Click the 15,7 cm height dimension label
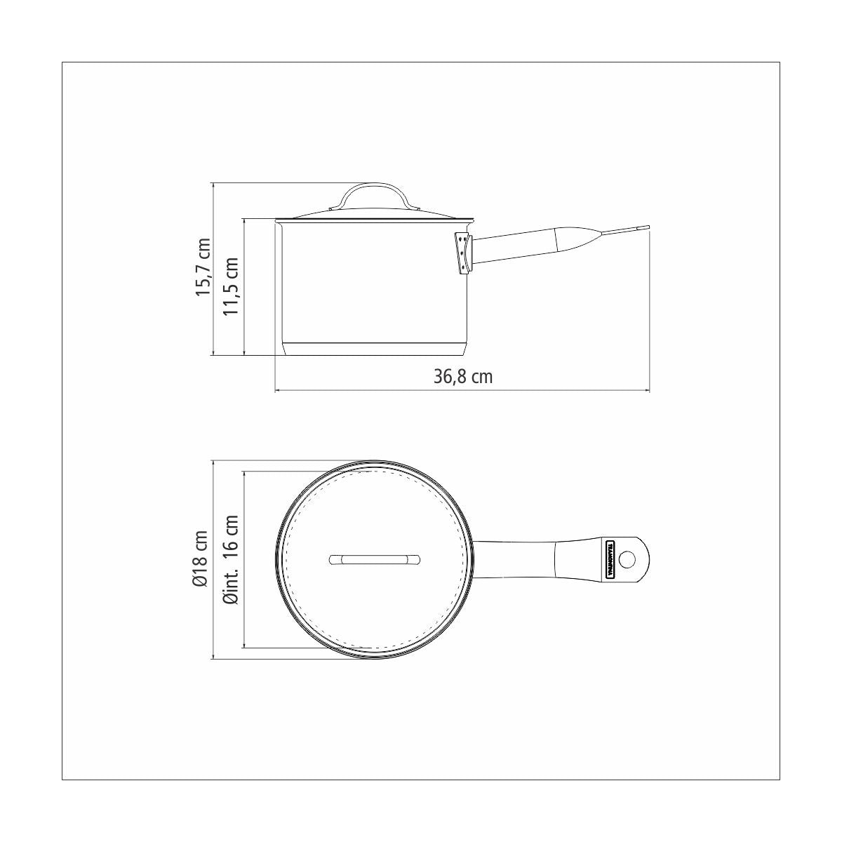point(203,267)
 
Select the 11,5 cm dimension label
point(231,286)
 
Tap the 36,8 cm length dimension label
point(462,376)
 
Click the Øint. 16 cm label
point(230,559)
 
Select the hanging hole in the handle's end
point(628,559)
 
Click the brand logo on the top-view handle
point(610,560)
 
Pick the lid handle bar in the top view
point(374,559)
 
